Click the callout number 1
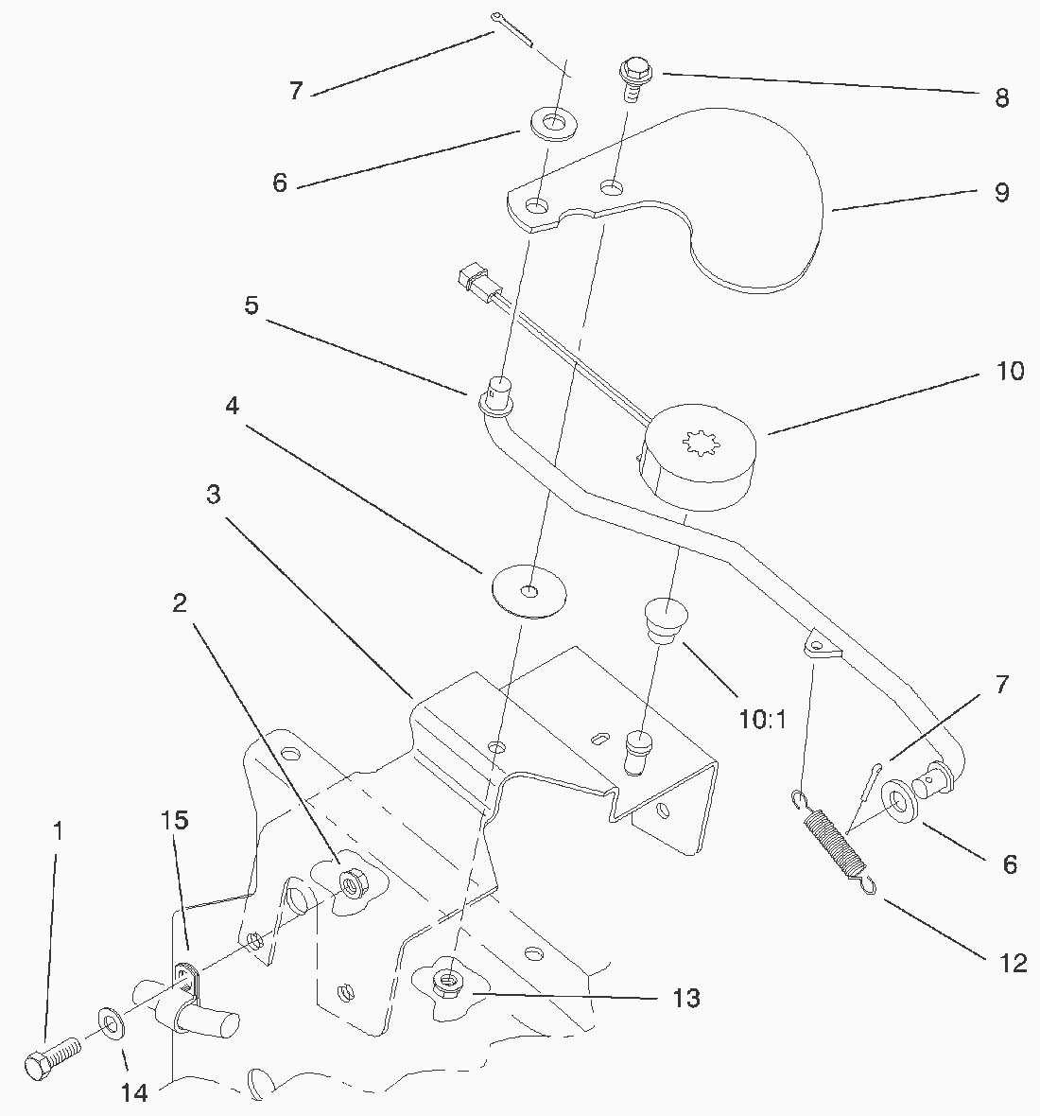(58, 831)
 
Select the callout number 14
(134, 1092)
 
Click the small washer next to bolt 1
(111, 1024)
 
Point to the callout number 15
(175, 820)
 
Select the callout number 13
(686, 998)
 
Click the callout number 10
(1010, 370)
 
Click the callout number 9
(1001, 192)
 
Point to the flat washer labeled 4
(529, 591)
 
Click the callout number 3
(214, 494)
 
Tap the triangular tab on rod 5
(821, 644)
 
